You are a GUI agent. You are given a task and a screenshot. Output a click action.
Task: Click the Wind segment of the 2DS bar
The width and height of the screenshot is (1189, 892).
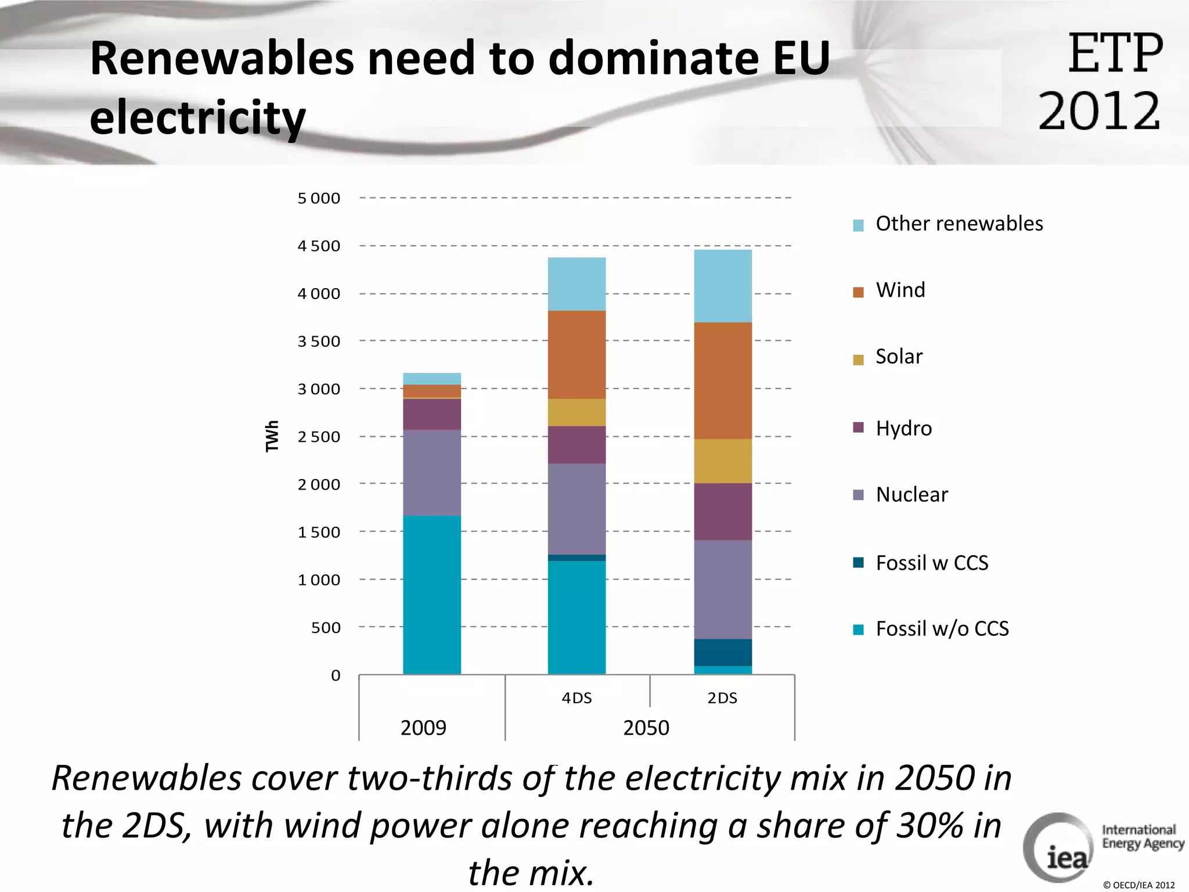pyautogui.click(x=723, y=380)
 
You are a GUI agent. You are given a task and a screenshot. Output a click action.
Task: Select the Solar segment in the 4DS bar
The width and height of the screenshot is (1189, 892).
pyautogui.click(x=577, y=412)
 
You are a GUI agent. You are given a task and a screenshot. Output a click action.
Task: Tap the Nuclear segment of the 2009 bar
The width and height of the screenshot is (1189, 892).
pyautogui.click(x=432, y=473)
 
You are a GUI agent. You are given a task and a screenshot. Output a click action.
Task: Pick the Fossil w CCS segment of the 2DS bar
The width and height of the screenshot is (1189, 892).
pyautogui.click(x=723, y=652)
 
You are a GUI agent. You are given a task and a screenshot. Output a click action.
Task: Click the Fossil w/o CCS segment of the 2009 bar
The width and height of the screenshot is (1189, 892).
pyautogui.click(x=432, y=595)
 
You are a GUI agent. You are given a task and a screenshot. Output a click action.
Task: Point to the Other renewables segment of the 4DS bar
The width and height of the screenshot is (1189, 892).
pyautogui.click(x=577, y=284)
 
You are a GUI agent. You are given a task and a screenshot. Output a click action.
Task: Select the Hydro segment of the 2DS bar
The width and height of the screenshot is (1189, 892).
pyautogui.click(x=723, y=512)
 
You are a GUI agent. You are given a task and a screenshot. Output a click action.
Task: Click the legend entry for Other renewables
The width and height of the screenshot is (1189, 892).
pyautogui.click(x=959, y=224)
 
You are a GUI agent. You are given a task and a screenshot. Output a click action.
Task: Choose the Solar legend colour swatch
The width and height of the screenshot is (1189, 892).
pyautogui.click(x=858, y=359)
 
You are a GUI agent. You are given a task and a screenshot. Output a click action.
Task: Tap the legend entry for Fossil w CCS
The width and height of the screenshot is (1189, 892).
pyautogui.click(x=931, y=563)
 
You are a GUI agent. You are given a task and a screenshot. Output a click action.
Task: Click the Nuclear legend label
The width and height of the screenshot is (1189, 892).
pyautogui.click(x=911, y=495)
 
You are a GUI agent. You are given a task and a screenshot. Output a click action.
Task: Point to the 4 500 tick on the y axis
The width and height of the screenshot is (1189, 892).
pyautogui.click(x=319, y=246)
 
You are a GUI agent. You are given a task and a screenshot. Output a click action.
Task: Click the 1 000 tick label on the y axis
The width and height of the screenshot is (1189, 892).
pyautogui.click(x=319, y=580)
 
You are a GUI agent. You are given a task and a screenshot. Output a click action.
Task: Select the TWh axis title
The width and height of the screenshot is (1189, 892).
pyautogui.click(x=272, y=436)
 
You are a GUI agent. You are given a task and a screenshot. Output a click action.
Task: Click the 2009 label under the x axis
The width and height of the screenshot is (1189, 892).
pyautogui.click(x=423, y=728)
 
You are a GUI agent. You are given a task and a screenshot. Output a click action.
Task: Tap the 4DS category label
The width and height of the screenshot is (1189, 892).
pyautogui.click(x=577, y=698)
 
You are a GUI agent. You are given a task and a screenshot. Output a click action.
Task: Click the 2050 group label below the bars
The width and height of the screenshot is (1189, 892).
pyautogui.click(x=646, y=728)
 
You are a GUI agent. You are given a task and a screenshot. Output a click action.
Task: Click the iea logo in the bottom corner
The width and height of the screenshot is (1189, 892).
pyautogui.click(x=1058, y=848)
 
